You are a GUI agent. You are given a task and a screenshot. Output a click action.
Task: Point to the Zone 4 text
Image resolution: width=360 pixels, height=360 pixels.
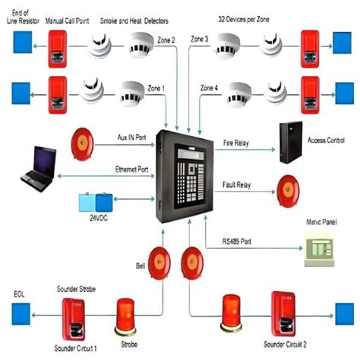210,90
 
